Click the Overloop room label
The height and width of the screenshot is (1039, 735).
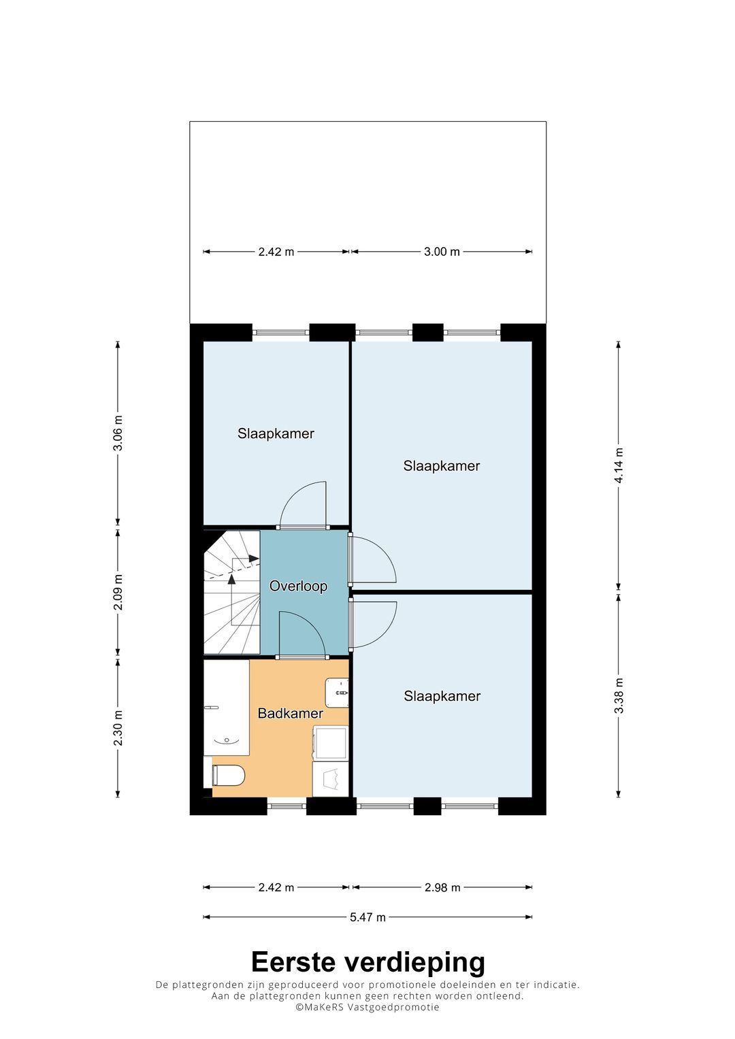[x=298, y=586]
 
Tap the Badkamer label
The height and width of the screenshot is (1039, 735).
[x=290, y=713]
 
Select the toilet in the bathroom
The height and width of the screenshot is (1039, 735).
[x=229, y=775]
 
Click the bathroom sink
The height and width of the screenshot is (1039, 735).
[x=338, y=693]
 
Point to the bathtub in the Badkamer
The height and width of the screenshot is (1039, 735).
[x=226, y=708]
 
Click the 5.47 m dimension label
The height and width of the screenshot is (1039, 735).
[x=367, y=917]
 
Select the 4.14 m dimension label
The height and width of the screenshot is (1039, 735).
[x=619, y=465]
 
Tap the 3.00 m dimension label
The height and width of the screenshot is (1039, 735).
[x=442, y=252]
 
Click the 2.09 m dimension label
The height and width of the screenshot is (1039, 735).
[x=118, y=592]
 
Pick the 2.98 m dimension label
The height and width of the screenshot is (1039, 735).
[x=442, y=887]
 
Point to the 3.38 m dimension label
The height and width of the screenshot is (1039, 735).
[x=619, y=695]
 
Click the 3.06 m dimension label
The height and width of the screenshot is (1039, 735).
[x=118, y=433]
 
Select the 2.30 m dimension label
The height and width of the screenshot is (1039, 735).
[x=118, y=727]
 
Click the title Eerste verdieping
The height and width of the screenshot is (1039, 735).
[x=367, y=962]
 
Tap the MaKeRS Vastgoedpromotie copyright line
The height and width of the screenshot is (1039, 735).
[x=367, y=1007]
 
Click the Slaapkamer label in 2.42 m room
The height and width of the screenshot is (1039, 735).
[x=276, y=433]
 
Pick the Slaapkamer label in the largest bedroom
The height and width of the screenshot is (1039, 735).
[x=441, y=466]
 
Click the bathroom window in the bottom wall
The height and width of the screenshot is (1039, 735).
[x=287, y=806]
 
